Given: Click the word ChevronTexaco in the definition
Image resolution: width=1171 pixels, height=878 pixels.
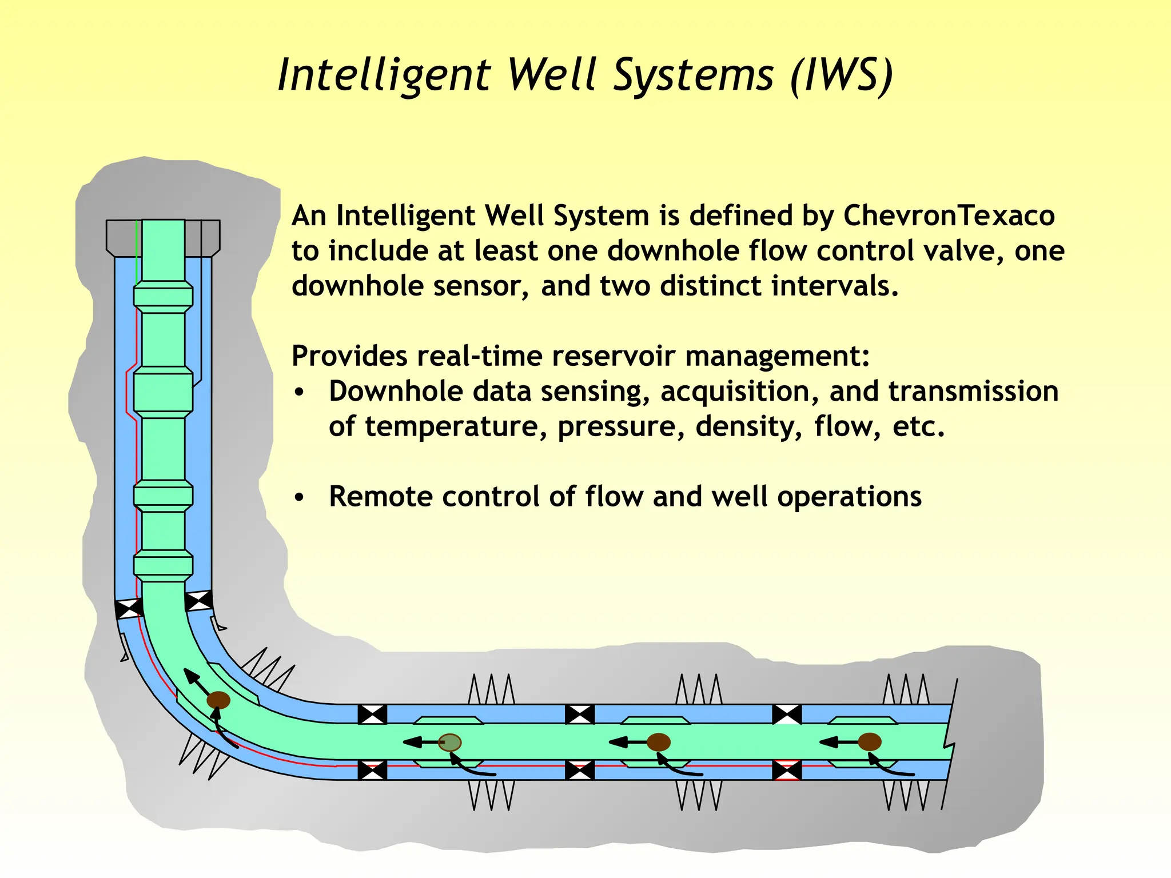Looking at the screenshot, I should [x=949, y=216].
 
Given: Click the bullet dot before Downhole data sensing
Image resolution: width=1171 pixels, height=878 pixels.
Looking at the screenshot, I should [x=299, y=393].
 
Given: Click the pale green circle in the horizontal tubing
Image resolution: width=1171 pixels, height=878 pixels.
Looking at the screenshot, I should [x=450, y=743].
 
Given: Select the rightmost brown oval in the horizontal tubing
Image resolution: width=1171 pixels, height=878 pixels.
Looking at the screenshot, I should [x=870, y=742].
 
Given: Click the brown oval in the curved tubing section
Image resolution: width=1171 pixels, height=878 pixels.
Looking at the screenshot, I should [x=218, y=700].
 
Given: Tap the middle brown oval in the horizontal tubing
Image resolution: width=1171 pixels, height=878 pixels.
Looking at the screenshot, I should [x=659, y=742].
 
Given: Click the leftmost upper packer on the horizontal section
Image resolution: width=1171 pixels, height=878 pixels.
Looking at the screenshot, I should [x=372, y=715].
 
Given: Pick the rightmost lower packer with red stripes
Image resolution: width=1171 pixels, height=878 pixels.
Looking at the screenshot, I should [x=787, y=770].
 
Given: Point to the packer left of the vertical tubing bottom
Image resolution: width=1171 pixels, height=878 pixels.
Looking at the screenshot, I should [x=129, y=608].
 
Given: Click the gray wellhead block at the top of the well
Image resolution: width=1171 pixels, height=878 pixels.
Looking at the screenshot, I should [x=163, y=237].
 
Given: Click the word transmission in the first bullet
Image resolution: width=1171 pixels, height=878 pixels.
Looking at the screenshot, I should [x=973, y=392].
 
